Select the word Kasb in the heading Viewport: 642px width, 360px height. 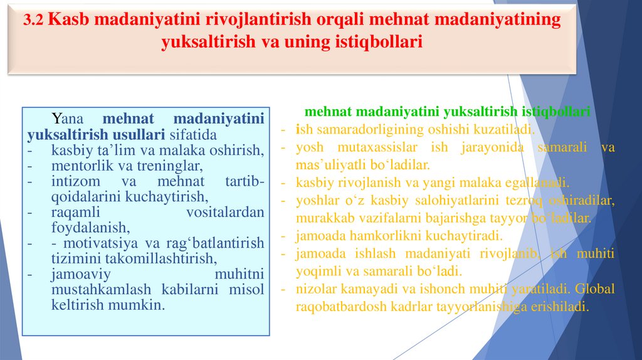tap(68, 19)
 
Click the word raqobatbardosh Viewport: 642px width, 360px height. tap(339, 307)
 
